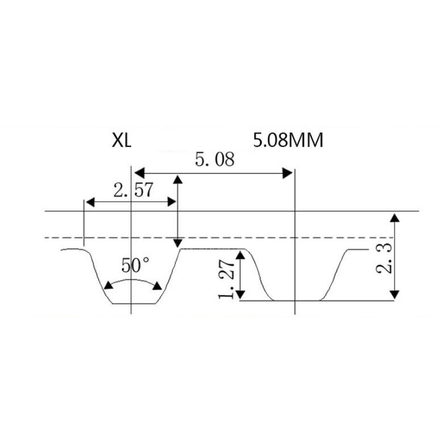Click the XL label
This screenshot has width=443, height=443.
tap(122, 140)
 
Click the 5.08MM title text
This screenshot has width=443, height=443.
tap(288, 140)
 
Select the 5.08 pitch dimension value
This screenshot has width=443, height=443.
tap(215, 159)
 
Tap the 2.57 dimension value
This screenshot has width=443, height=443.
tap(133, 190)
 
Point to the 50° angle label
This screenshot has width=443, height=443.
tap(135, 265)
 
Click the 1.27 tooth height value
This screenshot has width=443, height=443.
tap(226, 279)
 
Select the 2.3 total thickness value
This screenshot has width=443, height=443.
tap(385, 258)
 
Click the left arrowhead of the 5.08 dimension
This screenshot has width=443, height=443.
tap(140, 173)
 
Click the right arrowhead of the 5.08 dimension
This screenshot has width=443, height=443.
tap(287, 173)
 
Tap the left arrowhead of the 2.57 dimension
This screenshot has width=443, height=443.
tap(90, 202)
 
